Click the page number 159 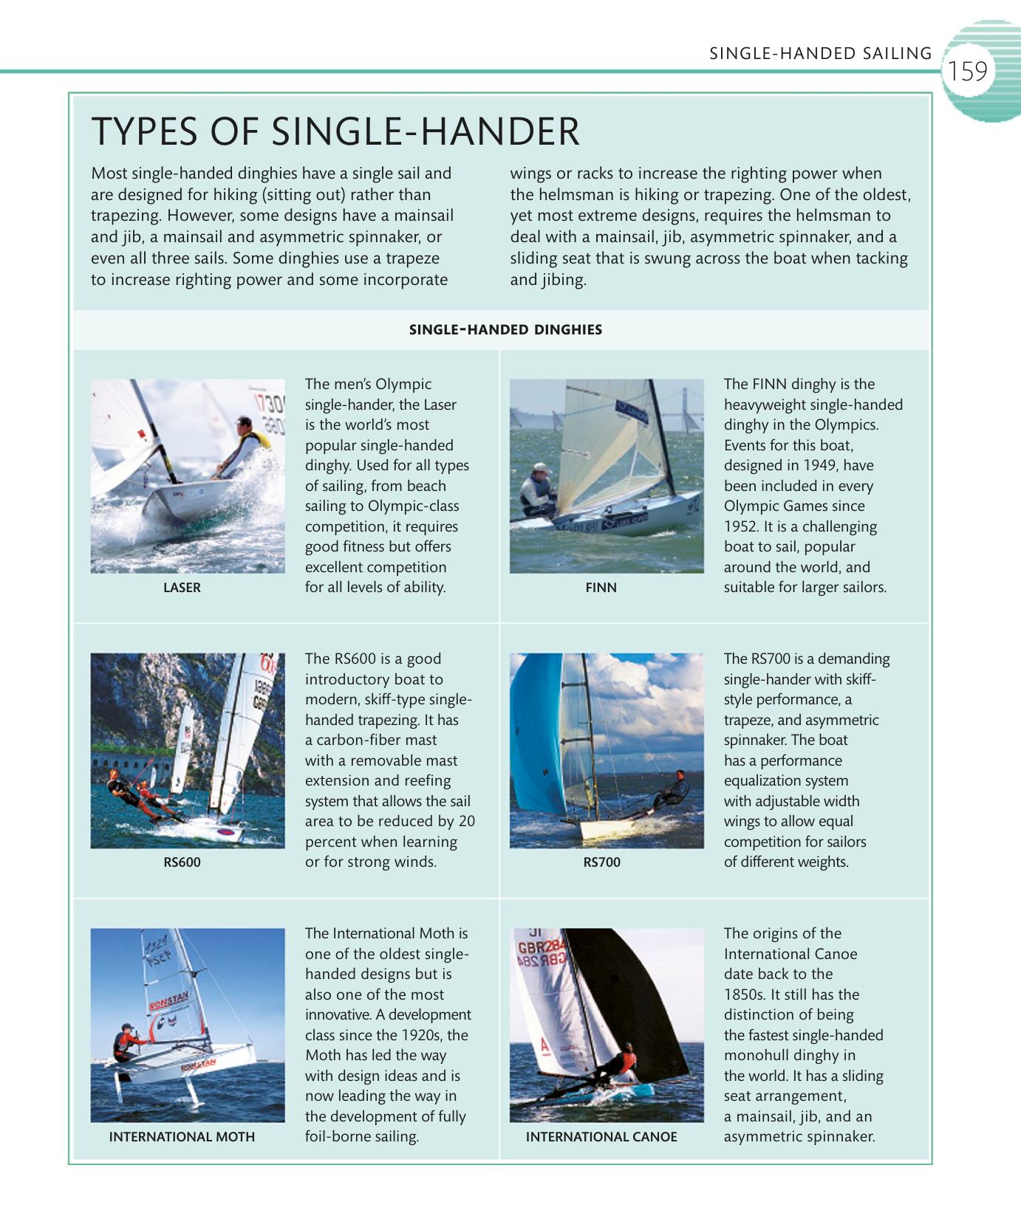[967, 72]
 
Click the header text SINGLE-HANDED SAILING [820, 53]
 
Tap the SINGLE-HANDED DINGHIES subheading [505, 330]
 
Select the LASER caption [182, 588]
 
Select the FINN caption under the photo [601, 588]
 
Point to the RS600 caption [182, 862]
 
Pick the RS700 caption [601, 862]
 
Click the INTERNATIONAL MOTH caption [182, 1137]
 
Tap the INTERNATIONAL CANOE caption [601, 1137]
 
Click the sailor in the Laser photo [244, 447]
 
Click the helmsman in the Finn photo [537, 491]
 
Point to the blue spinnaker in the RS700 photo [536, 738]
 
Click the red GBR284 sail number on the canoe [542, 949]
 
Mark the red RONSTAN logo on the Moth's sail [169, 1002]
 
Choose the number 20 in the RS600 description [466, 822]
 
